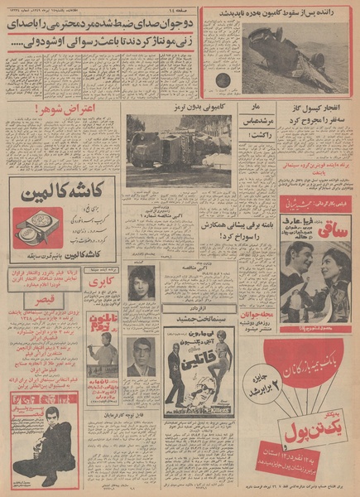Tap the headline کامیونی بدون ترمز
click(x=179, y=107)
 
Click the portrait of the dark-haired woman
click(x=141, y=282)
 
